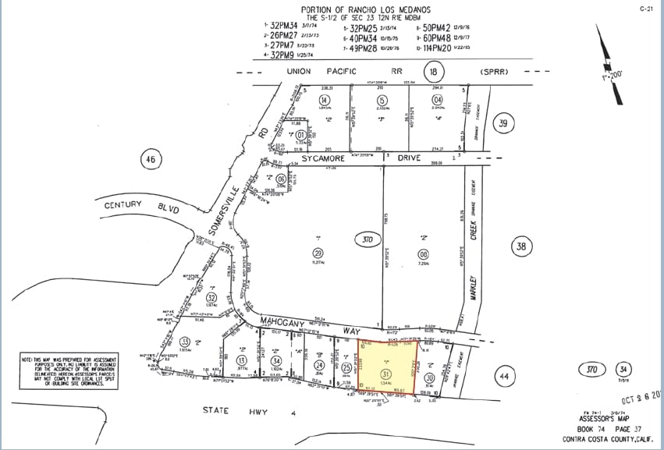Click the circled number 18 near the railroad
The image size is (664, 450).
click(434, 73)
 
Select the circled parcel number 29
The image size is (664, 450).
click(318, 253)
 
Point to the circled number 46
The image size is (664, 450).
click(150, 161)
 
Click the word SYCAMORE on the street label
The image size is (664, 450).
click(326, 158)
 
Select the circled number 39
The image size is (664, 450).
click(505, 123)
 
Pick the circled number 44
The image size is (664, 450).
click(505, 377)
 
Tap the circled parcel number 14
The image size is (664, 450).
click(324, 100)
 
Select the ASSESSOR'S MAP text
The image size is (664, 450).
click(602, 417)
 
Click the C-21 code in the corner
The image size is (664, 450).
click(645, 9)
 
